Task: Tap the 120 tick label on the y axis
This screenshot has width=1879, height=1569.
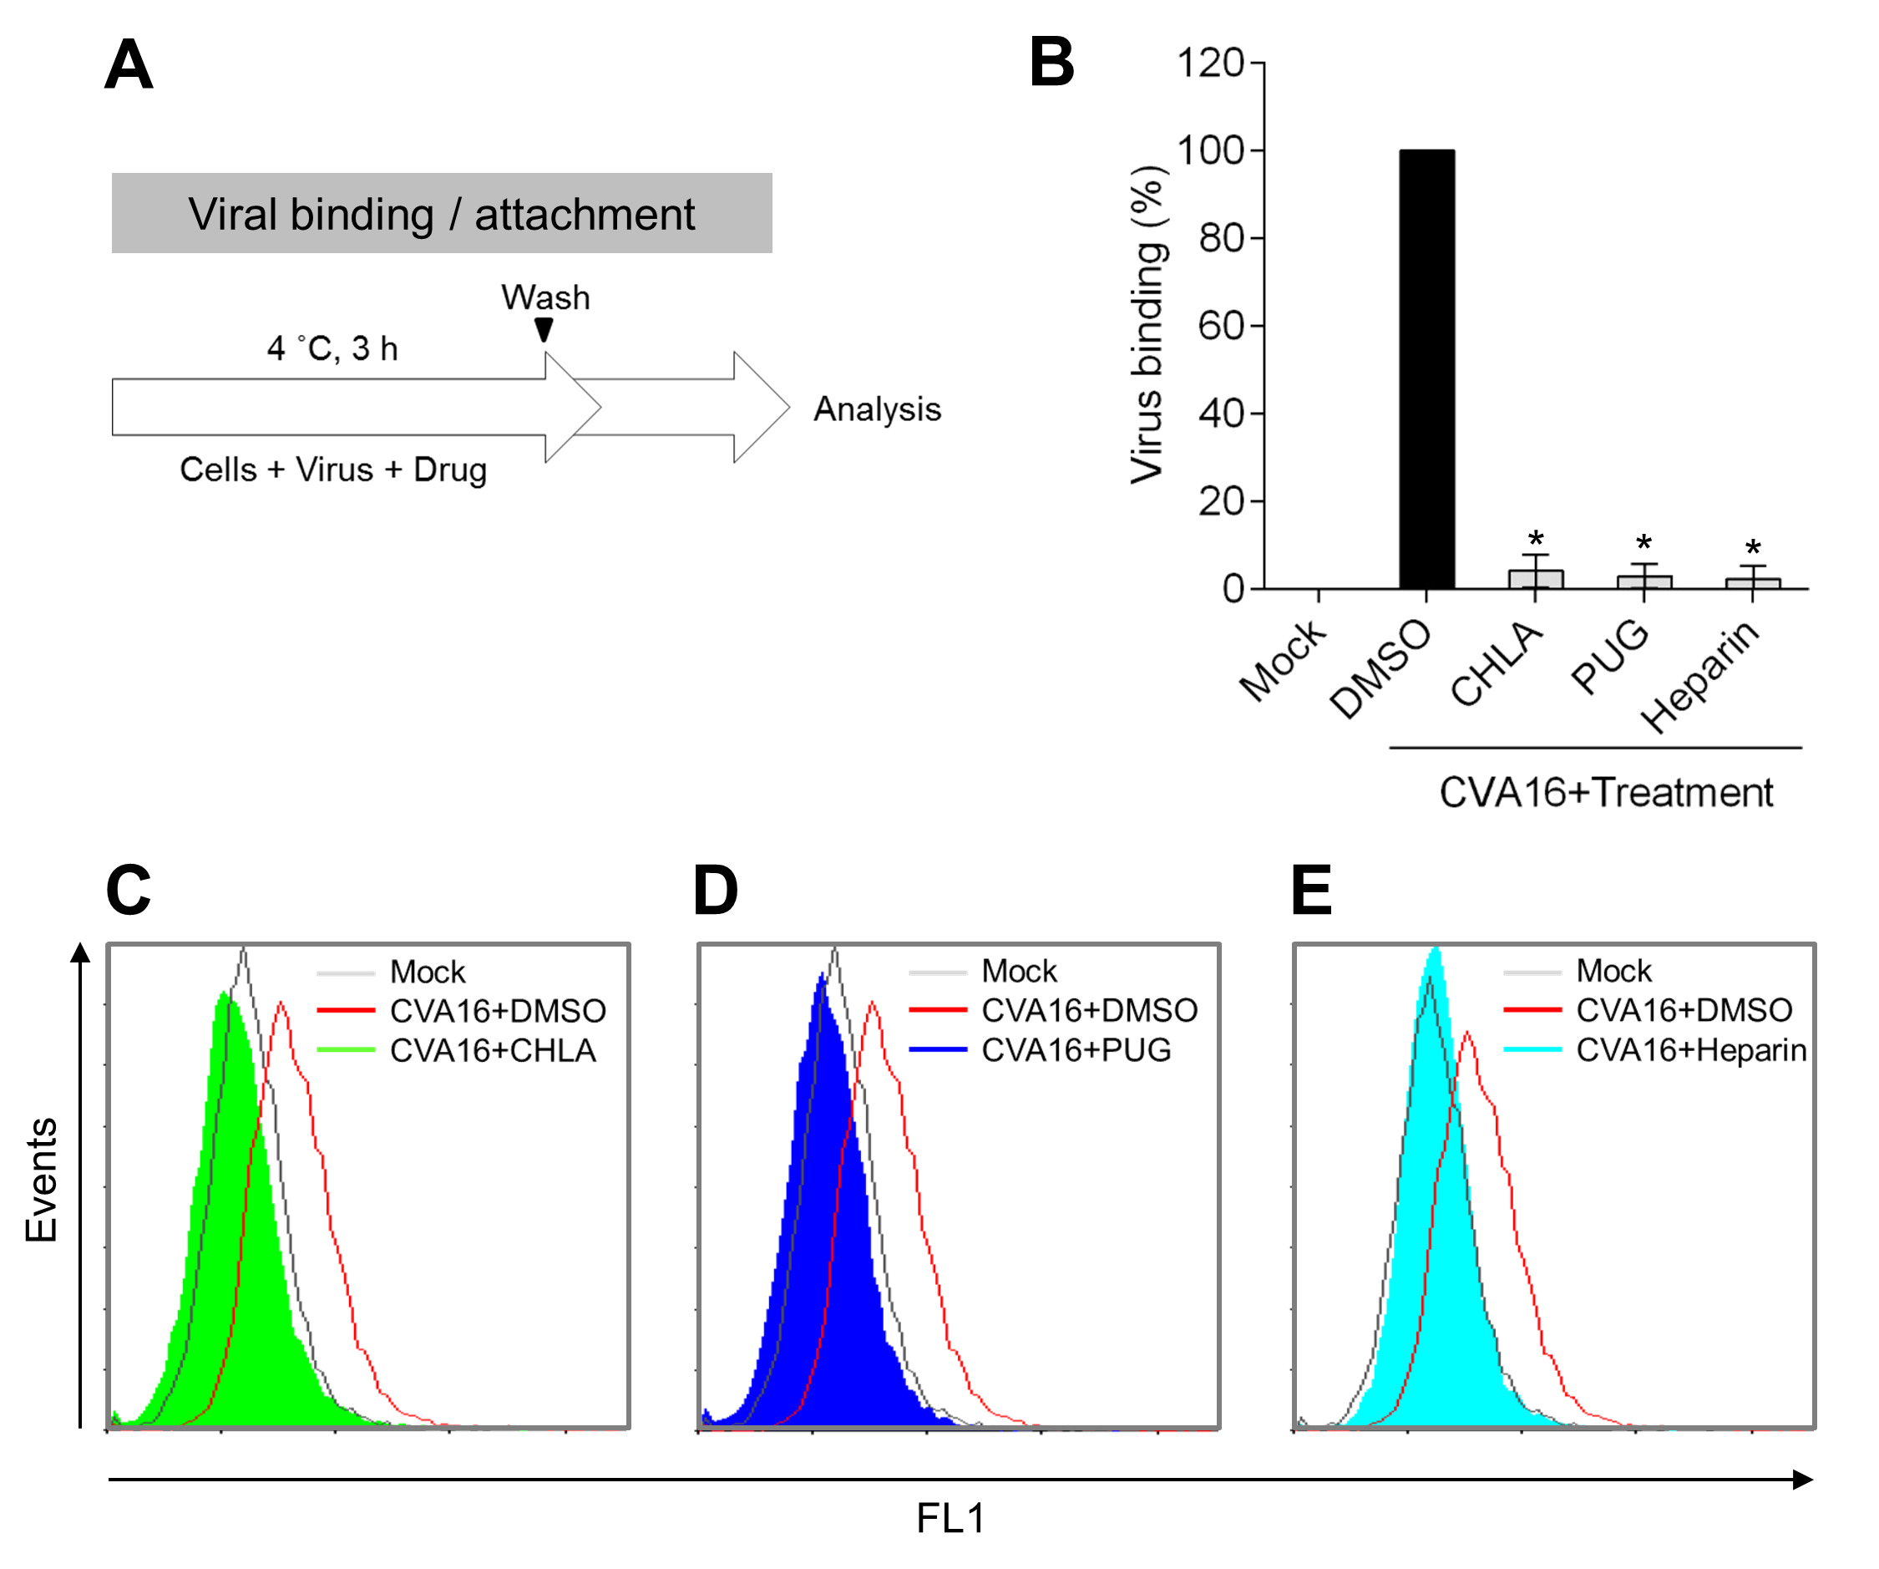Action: point(1210,63)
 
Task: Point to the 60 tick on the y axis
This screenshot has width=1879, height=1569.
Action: point(1221,326)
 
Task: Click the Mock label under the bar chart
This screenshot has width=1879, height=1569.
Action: point(1282,661)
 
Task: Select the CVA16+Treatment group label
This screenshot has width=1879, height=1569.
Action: point(1605,793)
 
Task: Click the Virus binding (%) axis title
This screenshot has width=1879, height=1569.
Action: point(1147,325)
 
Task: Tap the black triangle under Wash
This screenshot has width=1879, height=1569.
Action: point(543,329)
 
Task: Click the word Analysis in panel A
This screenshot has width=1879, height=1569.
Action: point(877,409)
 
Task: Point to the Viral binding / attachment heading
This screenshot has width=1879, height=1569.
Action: point(441,214)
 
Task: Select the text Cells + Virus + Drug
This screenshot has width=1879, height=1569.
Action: point(333,469)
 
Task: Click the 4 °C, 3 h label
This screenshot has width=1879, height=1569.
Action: point(332,348)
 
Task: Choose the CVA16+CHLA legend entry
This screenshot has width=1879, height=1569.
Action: point(492,1050)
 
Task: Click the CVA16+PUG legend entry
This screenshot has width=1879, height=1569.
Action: point(1076,1049)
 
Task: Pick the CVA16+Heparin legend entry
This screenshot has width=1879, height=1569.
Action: point(1690,1049)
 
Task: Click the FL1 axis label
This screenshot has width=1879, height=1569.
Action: point(950,1518)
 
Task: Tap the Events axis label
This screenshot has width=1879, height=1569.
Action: point(41,1180)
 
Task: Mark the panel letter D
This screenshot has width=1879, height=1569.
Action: point(715,891)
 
